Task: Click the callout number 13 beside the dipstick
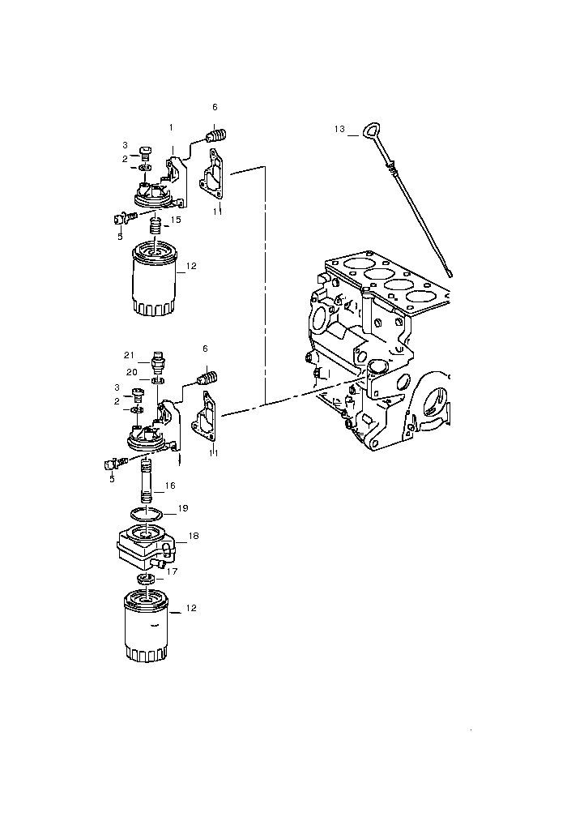point(339,129)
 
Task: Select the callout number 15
point(176,219)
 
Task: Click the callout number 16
point(170,486)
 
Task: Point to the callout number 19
point(183,508)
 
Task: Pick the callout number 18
point(194,536)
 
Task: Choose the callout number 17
point(172,571)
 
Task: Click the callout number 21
point(129,355)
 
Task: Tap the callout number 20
point(132,372)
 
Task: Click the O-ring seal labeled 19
point(147,514)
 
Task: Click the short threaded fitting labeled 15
point(155,227)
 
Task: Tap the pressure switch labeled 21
point(158,361)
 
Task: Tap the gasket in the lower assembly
point(206,417)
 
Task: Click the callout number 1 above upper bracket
point(171,127)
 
